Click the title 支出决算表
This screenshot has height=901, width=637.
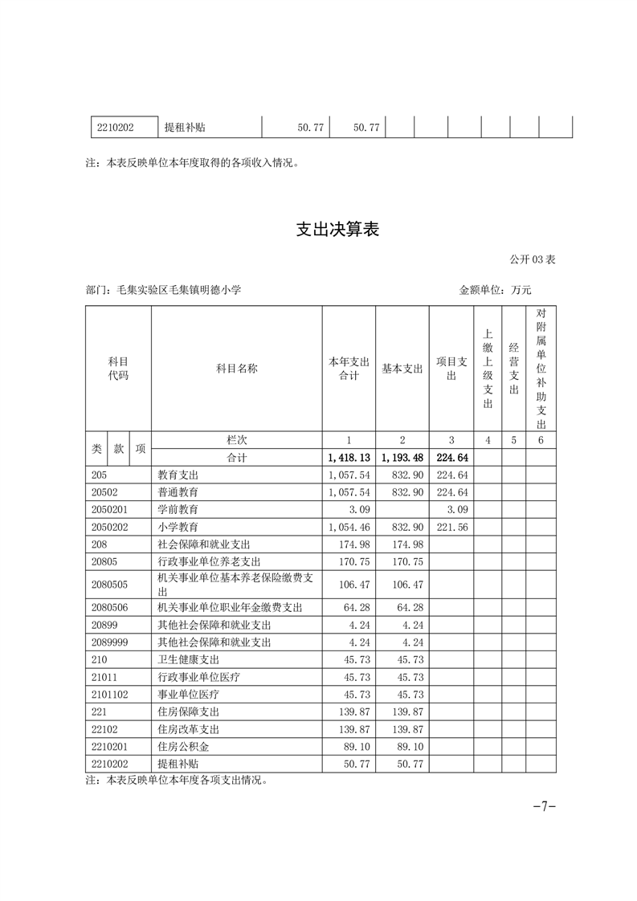coord(337,230)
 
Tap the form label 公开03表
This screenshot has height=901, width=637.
coord(532,259)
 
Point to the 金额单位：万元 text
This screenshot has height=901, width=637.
coord(495,290)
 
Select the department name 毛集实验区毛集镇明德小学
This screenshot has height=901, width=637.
coord(178,290)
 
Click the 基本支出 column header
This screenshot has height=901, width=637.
coord(402,369)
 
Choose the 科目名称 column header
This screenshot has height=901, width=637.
coord(236,369)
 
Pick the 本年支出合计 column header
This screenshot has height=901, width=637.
coord(349,369)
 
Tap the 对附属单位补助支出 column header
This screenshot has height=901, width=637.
coord(541,369)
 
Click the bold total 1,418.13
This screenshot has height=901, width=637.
coord(349,458)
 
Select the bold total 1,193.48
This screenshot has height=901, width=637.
coord(402,458)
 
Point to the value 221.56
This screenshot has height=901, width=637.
coord(451,527)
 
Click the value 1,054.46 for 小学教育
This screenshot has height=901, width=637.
coord(349,527)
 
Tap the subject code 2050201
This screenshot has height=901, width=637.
coord(111,509)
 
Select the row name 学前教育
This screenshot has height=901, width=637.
coord(178,509)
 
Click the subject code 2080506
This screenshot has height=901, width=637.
coord(111,607)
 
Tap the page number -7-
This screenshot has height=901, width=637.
coord(545,806)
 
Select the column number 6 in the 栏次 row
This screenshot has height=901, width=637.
coord(541,440)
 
